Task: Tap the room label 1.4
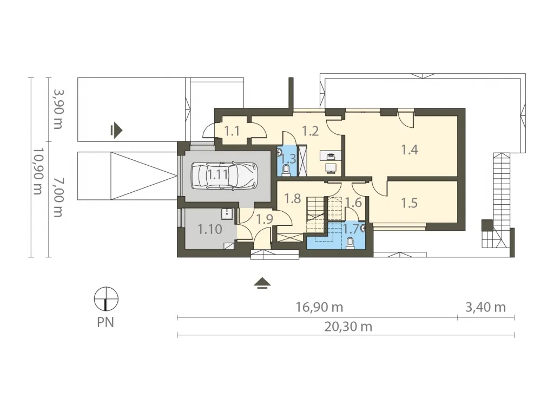pos(410,150)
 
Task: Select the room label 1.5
pos(410,203)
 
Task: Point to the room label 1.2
pos(311,131)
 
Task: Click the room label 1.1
pos(232,131)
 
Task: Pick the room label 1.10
pos(210,229)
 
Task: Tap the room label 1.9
pos(265,219)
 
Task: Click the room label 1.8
pos(293,198)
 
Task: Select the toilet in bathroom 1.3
pos(286,170)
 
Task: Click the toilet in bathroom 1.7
pos(350,243)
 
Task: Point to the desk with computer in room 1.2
pos(331,161)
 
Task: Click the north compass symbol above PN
pos(106,299)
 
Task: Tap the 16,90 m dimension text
pos(319,307)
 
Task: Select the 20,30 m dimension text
pos(348,327)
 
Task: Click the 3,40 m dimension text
pos(485,307)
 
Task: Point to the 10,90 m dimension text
pos(38,171)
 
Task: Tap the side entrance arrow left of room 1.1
pos(116,131)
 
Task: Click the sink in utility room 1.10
pos(227,214)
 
